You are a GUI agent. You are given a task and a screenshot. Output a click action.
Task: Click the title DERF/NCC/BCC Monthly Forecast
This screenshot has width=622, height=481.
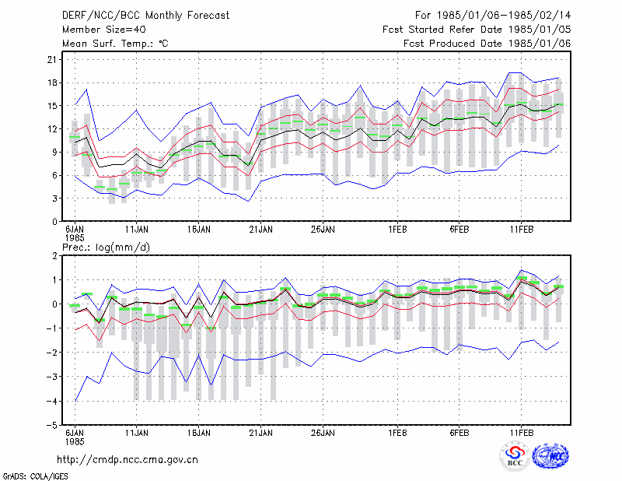[x=145, y=16]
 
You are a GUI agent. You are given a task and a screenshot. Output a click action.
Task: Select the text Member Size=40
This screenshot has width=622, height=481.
[x=104, y=30]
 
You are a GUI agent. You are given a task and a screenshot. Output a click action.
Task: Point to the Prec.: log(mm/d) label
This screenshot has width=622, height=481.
[x=106, y=248]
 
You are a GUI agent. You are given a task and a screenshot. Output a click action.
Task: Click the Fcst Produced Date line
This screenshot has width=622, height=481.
[x=487, y=44]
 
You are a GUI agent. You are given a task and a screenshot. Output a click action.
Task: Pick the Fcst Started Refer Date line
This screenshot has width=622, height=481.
[x=477, y=30]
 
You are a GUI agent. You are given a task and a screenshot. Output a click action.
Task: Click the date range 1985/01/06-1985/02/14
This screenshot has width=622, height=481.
[x=504, y=16]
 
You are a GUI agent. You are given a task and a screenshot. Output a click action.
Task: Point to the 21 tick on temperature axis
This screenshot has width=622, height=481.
[x=52, y=60]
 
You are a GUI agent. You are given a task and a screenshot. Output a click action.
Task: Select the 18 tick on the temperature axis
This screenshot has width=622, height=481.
[x=52, y=83]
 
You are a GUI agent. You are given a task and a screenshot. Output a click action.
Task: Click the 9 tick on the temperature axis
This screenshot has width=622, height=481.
[x=54, y=152]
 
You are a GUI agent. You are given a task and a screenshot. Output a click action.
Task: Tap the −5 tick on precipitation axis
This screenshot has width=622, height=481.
[x=51, y=425]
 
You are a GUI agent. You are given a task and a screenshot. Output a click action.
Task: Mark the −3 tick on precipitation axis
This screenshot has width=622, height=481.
[x=51, y=377]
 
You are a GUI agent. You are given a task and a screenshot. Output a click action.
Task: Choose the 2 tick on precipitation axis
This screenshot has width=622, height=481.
[x=54, y=256]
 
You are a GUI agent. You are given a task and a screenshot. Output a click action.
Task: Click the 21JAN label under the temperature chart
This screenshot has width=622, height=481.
[x=261, y=230]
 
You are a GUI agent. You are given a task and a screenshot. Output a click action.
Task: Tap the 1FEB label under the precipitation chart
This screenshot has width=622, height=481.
[x=397, y=433]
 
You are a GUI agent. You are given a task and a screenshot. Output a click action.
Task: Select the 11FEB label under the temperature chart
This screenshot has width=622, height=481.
[x=522, y=230]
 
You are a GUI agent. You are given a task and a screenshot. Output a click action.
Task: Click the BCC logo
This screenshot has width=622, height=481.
[x=515, y=457]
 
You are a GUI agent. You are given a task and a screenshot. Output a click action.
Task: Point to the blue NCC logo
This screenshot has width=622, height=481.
[x=550, y=456]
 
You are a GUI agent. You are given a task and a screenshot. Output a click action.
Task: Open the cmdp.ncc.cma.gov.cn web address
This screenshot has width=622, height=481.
[x=128, y=460]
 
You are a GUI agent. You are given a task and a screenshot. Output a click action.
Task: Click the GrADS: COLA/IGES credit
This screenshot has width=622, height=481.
[x=35, y=476]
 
